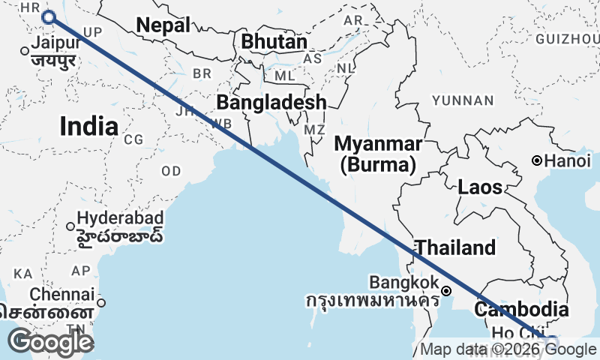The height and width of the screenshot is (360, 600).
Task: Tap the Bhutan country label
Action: click(274, 43)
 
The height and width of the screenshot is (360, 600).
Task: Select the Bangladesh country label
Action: click(271, 102)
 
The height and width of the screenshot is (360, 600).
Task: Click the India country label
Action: click(88, 126)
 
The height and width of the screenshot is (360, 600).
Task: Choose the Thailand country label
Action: click(456, 247)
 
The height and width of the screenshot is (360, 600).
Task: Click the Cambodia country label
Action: click(521, 309)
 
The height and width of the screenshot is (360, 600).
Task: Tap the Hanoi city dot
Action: click(537, 160)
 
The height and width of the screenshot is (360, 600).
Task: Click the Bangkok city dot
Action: click(446, 290)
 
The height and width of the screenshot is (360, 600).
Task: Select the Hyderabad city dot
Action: click(70, 226)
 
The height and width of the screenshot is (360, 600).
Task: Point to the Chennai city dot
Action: click(101, 303)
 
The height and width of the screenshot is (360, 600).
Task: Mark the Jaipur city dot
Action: click(25, 51)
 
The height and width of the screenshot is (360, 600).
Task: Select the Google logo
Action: click(50, 342)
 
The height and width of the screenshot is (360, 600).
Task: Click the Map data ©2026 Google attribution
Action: click(508, 349)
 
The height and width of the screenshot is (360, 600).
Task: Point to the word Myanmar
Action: click(378, 143)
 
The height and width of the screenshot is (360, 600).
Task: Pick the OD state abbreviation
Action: click(171, 171)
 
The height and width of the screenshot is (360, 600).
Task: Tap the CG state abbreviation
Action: click(133, 139)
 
